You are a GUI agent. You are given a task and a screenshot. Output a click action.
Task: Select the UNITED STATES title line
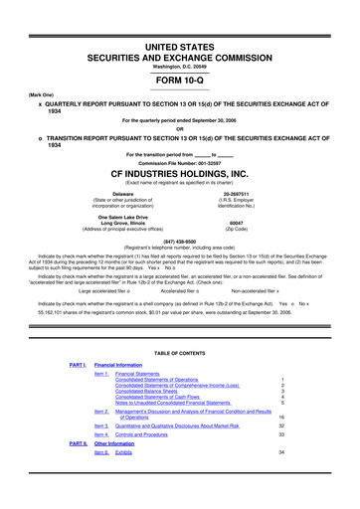(180, 19)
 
